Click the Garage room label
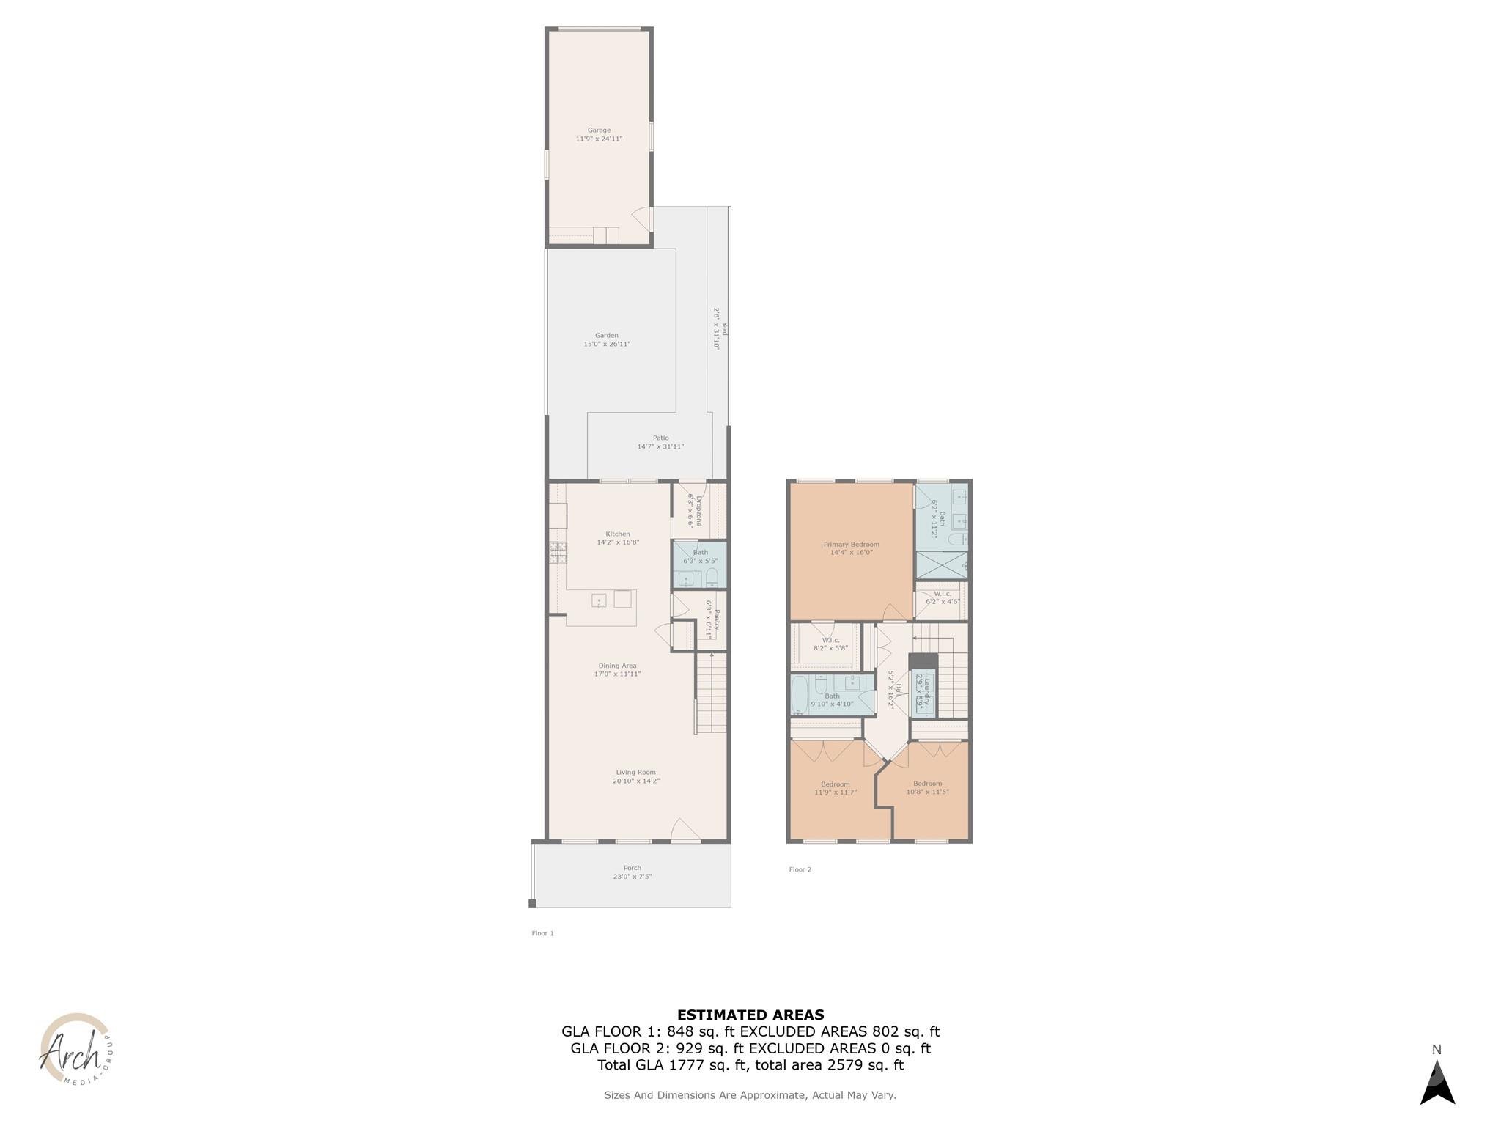click(x=599, y=130)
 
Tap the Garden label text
click(x=606, y=336)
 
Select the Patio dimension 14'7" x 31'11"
click(x=660, y=446)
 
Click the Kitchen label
click(x=618, y=534)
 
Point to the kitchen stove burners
click(x=558, y=552)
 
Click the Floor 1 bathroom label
click(x=700, y=553)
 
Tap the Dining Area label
click(x=617, y=666)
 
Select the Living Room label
click(x=635, y=772)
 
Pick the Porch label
click(x=632, y=868)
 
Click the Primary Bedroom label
click(x=851, y=545)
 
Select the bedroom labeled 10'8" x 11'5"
click(x=927, y=787)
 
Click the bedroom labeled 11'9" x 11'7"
click(x=835, y=788)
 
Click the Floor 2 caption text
click(x=800, y=869)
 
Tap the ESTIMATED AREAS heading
click(x=750, y=1015)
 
